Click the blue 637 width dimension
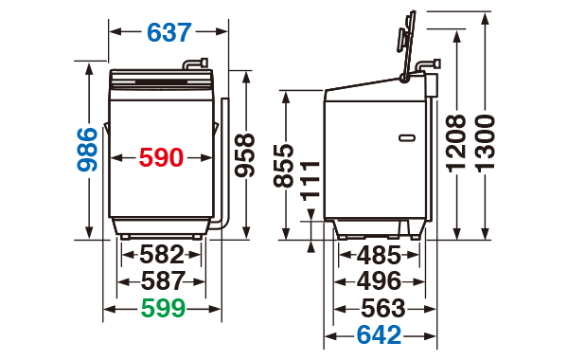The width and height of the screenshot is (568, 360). (169, 32)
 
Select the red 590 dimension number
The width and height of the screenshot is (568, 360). (161, 157)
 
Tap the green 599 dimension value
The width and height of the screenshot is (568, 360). (163, 309)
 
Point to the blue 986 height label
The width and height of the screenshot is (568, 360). (87, 149)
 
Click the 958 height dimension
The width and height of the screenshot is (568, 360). (244, 155)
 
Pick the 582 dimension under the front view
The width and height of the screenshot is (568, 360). (162, 255)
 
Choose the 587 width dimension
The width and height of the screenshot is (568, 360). (163, 281)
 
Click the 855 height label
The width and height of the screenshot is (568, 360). (283, 166)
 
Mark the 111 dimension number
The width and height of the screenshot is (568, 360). (311, 181)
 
